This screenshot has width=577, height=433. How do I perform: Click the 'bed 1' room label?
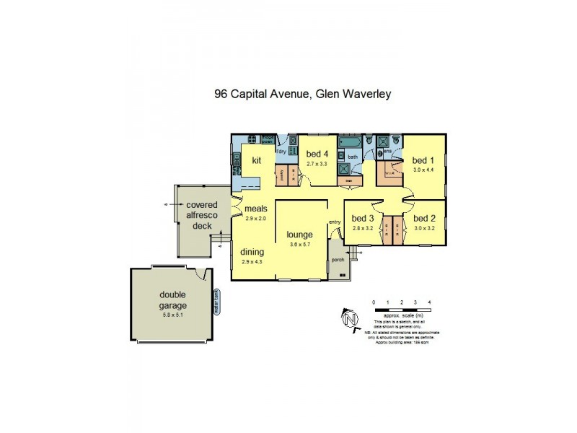coord(423,160)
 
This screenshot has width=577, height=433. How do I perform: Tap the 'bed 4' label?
coord(317,154)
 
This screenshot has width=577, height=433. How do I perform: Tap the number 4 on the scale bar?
coord(429,302)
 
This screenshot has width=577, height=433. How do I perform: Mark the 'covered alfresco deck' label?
coord(199,216)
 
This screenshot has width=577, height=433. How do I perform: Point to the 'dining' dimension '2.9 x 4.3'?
coord(252,261)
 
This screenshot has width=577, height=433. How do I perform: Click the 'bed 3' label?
coord(362,218)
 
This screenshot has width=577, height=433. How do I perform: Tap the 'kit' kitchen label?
coord(255,160)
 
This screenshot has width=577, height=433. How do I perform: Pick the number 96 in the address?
coord(222,94)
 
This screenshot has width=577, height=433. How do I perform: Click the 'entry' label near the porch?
coord(335,222)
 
